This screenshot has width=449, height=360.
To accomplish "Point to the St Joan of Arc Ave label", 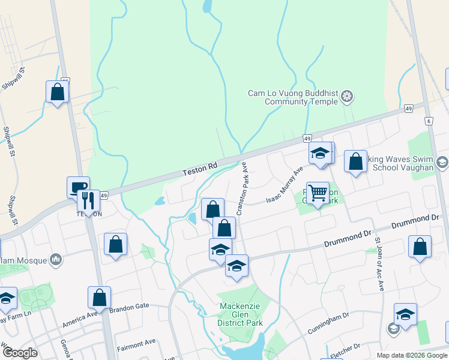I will (379, 265).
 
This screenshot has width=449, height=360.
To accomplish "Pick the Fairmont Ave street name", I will (136, 344).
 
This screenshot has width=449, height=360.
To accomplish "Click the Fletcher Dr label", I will (345, 349).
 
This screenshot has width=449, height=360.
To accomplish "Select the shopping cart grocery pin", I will (318, 193).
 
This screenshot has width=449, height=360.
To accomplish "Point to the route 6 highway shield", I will (429, 121).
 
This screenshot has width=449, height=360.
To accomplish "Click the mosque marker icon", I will (56, 259).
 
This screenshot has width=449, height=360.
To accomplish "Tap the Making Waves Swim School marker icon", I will (442, 163).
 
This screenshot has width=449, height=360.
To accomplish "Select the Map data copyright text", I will (411, 355).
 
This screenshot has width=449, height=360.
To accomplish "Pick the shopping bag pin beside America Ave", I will (99, 297).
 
